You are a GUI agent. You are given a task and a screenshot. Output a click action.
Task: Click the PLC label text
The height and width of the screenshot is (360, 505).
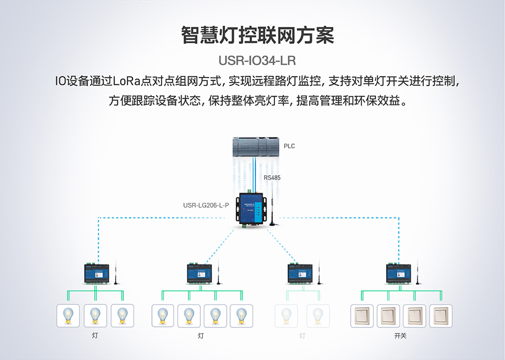[289, 146]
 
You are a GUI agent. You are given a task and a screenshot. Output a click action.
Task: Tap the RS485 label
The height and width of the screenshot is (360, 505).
[272, 177]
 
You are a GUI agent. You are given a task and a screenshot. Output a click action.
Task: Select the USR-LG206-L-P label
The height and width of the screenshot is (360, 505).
[206, 206]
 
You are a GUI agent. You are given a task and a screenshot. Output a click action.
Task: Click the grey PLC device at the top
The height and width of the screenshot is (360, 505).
[256, 147]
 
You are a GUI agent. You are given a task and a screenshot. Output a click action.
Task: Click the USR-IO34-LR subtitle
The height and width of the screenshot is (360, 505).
[257, 61]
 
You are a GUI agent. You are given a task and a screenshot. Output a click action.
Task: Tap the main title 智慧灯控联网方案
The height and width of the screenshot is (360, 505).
[258, 35]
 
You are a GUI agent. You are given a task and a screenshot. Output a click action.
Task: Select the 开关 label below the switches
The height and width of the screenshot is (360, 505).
[400, 336]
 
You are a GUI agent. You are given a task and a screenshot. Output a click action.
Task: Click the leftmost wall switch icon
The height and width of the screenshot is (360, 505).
[362, 316]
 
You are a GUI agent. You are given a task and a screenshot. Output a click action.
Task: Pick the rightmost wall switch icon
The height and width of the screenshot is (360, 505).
[440, 316]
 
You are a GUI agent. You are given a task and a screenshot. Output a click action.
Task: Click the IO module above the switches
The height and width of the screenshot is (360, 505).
[399, 274]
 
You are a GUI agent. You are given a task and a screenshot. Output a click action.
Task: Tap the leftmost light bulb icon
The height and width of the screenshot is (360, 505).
[68, 316]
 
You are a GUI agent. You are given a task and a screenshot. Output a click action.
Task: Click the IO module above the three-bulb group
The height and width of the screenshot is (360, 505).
[97, 274]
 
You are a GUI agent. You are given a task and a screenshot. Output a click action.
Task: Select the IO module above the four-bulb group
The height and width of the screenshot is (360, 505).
[200, 274]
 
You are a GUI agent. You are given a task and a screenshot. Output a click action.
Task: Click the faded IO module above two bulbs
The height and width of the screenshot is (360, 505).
[300, 274]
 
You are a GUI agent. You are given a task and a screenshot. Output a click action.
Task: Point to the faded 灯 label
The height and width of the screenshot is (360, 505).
[302, 336]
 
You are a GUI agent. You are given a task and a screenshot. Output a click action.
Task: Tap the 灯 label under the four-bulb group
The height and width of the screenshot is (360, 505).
[201, 336]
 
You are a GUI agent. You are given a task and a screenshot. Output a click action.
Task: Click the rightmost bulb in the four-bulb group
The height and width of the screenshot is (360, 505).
[241, 316]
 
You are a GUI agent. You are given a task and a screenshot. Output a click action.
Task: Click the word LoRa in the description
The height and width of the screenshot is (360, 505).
[126, 81]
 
